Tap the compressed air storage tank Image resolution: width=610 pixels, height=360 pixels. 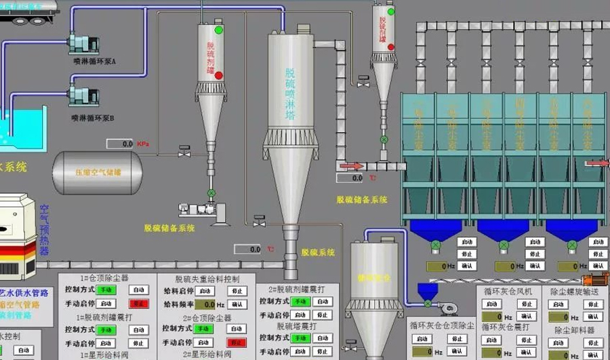98,172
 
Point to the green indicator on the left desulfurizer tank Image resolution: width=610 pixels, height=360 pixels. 219,31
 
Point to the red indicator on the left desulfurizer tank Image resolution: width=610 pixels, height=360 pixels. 219,75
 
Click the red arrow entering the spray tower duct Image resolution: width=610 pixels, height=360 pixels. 351,165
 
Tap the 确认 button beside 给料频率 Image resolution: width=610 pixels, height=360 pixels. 237,304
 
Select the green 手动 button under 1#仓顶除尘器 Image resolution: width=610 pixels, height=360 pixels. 106,290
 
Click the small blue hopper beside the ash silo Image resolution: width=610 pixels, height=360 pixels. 427,292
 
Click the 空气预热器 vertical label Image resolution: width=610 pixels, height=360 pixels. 45,231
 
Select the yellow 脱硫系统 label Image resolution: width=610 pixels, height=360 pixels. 317,252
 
